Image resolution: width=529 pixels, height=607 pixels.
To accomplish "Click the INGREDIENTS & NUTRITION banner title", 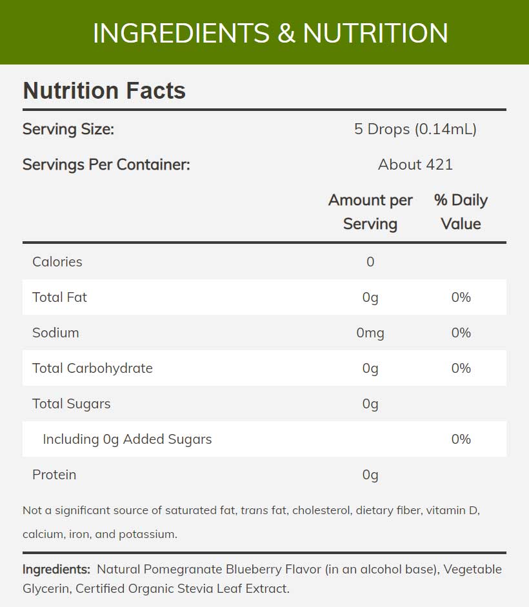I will point(270,33).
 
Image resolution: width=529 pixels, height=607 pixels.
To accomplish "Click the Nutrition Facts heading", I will point(104,90).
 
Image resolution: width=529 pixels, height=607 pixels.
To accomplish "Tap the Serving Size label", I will point(68,129).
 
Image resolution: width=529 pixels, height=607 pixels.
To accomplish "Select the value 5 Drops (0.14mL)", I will point(415,129).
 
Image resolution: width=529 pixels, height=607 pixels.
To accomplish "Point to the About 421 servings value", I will point(415,164).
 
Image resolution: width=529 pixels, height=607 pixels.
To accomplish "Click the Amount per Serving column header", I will point(370,212).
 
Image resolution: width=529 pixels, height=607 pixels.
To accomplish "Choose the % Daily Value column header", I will point(461,212).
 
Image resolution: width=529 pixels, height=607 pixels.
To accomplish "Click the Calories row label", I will point(57,262).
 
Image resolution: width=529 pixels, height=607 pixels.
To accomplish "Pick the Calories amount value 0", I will point(370,262).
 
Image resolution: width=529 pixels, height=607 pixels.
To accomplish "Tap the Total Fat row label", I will point(59,297).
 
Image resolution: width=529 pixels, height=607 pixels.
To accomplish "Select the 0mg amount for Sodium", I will point(370,333).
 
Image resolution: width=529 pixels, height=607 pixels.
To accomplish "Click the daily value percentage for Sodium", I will point(461,333).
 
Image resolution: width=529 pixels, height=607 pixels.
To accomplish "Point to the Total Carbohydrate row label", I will point(92,368).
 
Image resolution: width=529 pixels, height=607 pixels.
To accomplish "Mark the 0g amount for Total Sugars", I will point(370,404).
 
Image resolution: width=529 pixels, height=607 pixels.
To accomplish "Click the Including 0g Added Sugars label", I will point(127,439).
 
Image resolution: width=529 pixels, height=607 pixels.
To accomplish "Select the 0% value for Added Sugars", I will point(461,439).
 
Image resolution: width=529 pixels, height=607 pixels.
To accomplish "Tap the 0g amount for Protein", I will point(370,475).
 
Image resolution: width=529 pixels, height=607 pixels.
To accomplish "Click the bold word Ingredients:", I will point(56,570).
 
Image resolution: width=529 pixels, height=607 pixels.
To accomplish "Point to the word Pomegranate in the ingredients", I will point(184,570).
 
